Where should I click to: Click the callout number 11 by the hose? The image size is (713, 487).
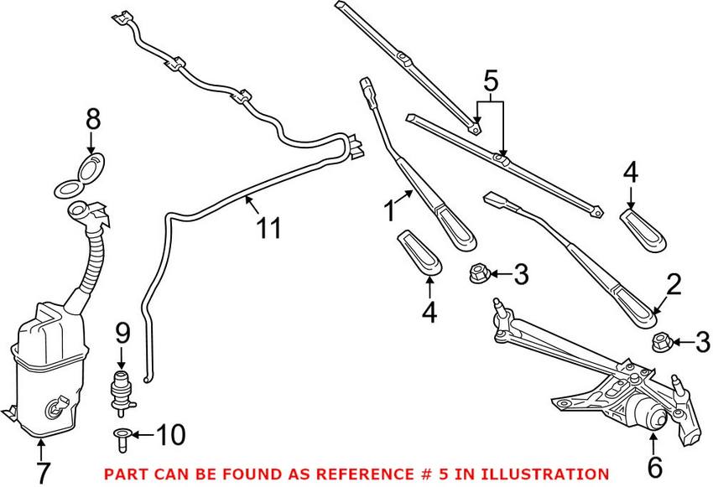point(269,227)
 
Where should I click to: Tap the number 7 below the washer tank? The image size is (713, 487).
point(42,473)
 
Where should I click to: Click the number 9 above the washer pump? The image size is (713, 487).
point(123,334)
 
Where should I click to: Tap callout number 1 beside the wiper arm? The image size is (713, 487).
point(389,210)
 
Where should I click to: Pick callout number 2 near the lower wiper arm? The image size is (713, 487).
point(674,287)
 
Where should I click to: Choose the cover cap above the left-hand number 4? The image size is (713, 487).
point(419,251)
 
